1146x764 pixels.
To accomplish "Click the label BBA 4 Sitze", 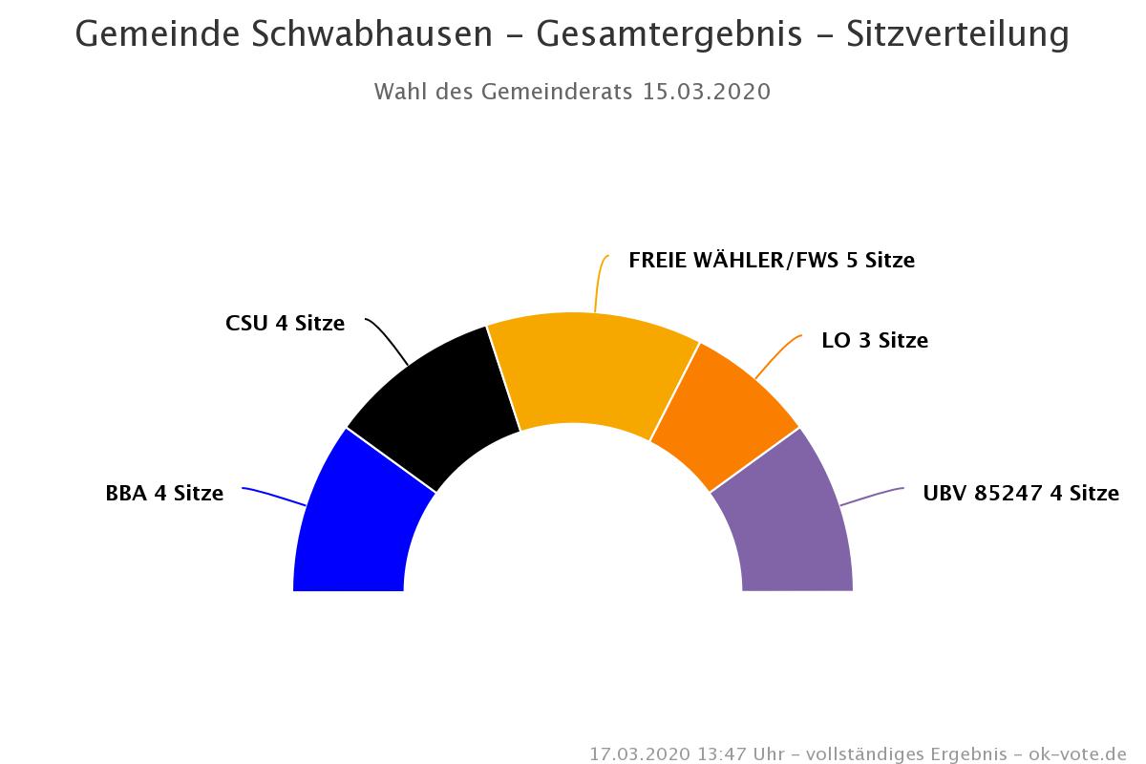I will [164, 494].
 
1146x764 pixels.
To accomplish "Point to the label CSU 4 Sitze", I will [285, 323].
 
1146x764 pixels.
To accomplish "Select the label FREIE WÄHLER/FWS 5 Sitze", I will [772, 260].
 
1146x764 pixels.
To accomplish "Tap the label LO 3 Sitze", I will [874, 340].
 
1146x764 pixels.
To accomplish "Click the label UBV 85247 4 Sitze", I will [1020, 494].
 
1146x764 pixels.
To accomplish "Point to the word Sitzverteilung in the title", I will [956, 34].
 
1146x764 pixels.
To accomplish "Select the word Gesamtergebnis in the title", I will [668, 34].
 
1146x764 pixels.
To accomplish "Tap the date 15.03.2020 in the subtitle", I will [707, 92].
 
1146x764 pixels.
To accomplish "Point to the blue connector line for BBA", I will [274, 496].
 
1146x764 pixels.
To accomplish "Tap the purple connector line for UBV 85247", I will [872, 496].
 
